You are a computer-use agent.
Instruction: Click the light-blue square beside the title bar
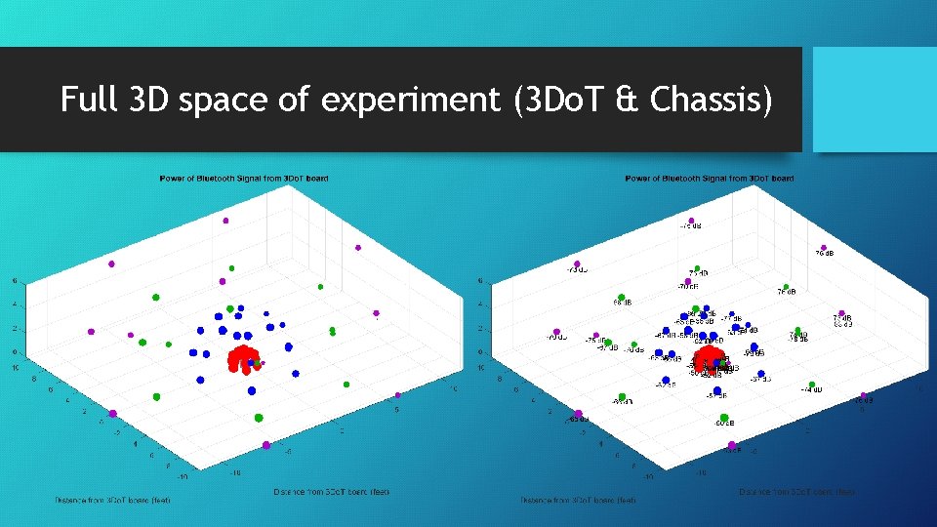coord(875,100)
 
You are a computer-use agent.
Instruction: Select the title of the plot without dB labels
coord(244,179)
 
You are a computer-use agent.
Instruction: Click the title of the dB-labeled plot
coord(710,179)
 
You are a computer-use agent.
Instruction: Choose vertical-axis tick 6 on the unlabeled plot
coord(14,281)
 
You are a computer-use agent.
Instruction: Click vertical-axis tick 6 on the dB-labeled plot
coord(479,281)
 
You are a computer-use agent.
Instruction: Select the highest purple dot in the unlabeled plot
coord(225,221)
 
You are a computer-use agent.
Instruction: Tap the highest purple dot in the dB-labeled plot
coord(691,220)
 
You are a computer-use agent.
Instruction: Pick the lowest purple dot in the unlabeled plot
coord(266,445)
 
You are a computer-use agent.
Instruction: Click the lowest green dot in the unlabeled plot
coord(259,417)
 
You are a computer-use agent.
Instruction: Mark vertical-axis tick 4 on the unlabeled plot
coord(14,304)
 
